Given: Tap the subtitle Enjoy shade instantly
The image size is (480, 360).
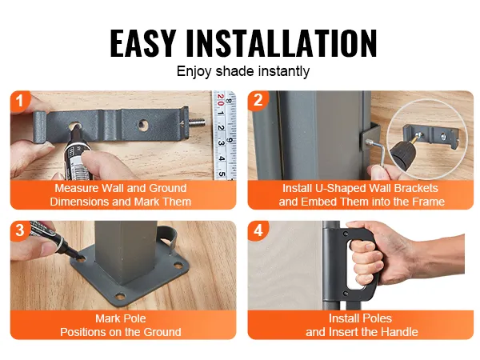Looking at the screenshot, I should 242,71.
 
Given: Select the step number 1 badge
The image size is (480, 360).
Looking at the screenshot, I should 20,101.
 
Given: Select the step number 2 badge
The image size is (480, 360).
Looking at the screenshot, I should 258,101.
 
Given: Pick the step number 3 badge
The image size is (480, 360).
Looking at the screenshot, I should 20,230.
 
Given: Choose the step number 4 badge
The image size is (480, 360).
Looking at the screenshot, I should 258,230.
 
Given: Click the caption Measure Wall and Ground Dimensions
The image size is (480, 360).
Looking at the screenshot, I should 122,195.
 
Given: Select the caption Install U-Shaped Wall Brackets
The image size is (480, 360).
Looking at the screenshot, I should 361,195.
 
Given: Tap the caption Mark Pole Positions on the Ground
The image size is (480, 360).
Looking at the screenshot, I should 122,325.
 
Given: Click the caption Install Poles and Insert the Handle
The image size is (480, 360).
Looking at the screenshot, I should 361,325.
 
